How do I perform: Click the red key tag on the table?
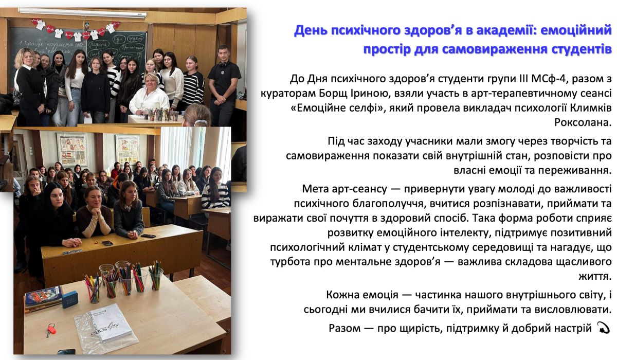(x=51, y=329)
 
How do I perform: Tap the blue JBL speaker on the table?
(x=69, y=299)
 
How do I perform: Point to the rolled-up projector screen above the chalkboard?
(x=83, y=13)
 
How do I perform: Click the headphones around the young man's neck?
(x=224, y=64)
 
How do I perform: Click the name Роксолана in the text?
(x=583, y=122)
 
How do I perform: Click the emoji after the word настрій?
(x=603, y=328)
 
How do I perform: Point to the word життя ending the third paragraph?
(x=595, y=276)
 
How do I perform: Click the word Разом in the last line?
(x=344, y=328)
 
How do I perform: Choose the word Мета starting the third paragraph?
(x=314, y=189)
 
